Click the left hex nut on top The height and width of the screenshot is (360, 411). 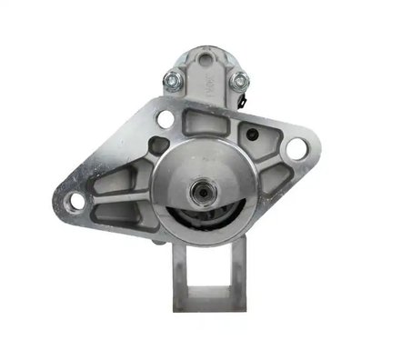point(170,81)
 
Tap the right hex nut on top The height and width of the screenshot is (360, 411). point(240,82)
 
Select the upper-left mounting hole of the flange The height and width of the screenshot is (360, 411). point(165,119)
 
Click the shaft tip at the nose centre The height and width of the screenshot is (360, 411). point(199,192)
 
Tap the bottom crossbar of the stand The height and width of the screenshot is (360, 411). point(207,300)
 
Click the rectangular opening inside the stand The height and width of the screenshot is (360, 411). point(207,268)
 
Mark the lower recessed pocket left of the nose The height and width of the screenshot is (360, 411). point(118,215)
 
